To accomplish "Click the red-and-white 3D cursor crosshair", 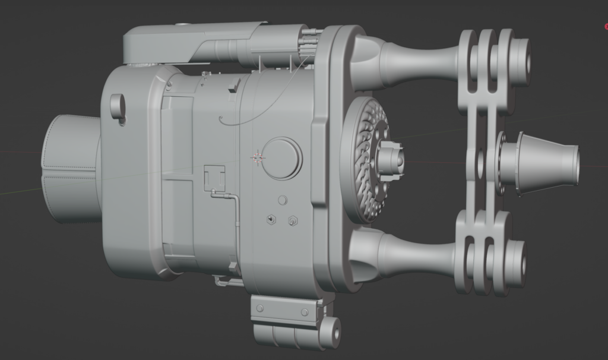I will click(x=258, y=157).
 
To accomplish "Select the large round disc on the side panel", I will click(x=282, y=159).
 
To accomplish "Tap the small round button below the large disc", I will click(x=283, y=200).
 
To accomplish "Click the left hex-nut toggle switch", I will click(x=271, y=220).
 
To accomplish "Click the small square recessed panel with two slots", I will click(x=214, y=176).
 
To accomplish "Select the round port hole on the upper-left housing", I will click(x=118, y=106).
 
